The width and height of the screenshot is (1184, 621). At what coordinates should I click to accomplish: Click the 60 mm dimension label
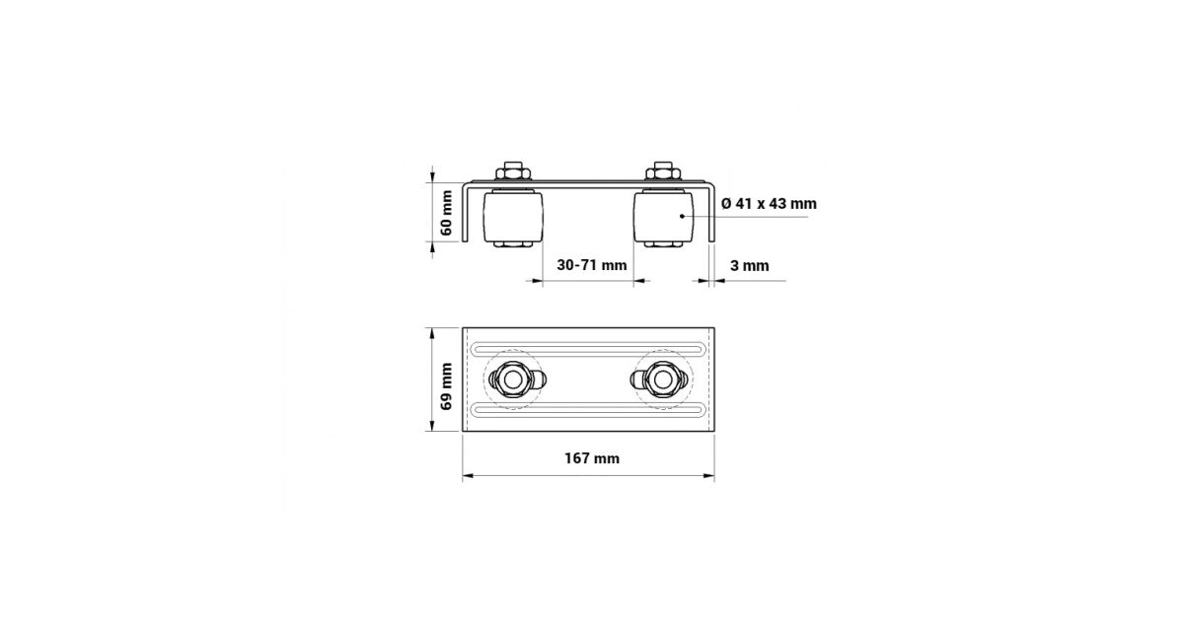click(x=447, y=213)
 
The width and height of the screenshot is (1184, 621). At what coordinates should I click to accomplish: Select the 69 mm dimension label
click(x=447, y=386)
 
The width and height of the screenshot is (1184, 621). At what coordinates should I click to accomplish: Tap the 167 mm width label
click(x=591, y=458)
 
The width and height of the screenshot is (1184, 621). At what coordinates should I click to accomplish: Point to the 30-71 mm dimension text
click(x=591, y=265)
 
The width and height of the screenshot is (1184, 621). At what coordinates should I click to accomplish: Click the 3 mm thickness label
click(x=750, y=265)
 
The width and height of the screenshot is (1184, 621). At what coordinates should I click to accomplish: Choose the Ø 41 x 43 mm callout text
click(x=769, y=203)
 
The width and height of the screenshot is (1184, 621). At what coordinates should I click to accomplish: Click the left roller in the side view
click(x=513, y=217)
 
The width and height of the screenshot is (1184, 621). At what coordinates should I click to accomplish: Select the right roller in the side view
click(x=663, y=217)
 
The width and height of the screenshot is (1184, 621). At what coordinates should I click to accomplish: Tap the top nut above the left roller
click(x=513, y=172)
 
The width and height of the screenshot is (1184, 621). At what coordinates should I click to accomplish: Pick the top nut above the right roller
click(x=663, y=172)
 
